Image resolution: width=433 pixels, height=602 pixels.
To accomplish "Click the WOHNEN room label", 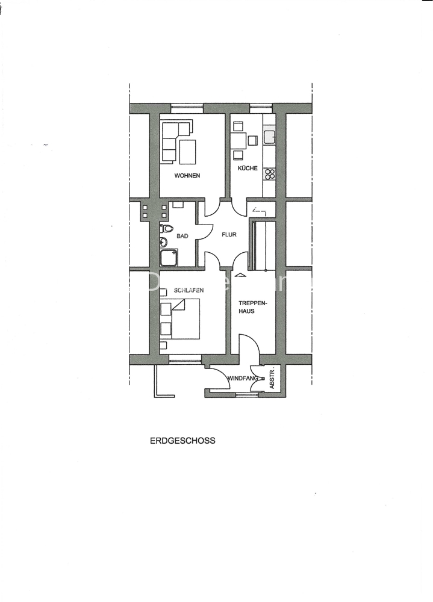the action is click(187, 175).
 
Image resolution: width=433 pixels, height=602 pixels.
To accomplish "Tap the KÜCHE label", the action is click(248, 168).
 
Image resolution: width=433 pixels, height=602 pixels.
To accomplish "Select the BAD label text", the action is click(182, 236).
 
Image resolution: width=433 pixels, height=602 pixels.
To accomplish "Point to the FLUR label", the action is click(229, 235).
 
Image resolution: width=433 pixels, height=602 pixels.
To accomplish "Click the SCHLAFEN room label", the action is click(188, 290).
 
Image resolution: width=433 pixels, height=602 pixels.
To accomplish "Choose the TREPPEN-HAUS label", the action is click(252, 307).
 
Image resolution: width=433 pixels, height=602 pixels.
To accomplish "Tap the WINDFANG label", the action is click(243, 378).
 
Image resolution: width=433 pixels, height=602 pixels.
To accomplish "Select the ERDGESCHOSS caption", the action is click(182, 441).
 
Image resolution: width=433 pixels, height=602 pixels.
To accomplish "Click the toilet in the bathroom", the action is click(166, 229).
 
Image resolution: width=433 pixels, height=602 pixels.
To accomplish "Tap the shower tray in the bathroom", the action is click(169, 258).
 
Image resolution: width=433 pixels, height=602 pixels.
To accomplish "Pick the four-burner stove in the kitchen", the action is click(270, 175).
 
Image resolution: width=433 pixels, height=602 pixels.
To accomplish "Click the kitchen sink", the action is click(269, 136).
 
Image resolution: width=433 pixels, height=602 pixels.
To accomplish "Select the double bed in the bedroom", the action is click(185, 319).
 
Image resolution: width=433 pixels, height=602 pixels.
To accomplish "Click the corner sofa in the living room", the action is click(176, 141).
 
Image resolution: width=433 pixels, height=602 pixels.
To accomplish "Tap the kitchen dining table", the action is click(239, 140).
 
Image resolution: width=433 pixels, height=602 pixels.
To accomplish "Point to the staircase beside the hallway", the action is click(263, 244).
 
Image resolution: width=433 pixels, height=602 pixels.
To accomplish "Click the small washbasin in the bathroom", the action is click(163, 242).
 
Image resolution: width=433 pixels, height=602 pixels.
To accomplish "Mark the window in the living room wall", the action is click(187, 108).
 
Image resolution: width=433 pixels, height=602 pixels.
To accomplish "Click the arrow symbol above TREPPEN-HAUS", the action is click(239, 274).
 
